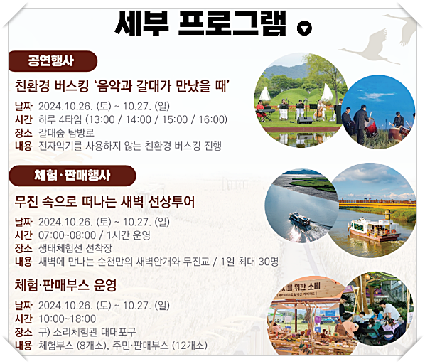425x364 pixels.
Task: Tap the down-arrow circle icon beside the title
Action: pos(303,28)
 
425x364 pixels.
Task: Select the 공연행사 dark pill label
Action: pos(51,60)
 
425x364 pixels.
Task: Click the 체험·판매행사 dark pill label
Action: pos(70,175)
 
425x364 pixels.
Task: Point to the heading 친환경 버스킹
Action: pos(125,87)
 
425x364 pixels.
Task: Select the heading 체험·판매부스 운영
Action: pos(65,285)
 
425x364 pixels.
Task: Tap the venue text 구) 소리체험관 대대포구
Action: pos(87,332)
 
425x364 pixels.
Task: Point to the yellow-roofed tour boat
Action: pos(372,227)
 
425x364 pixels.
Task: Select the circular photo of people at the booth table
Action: pos(377,310)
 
